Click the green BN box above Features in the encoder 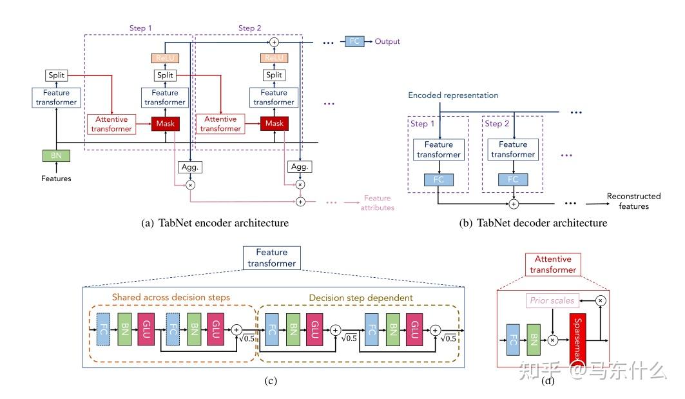tap(57, 155)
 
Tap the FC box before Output tap(354, 41)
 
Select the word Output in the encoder tap(387, 41)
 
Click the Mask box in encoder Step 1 tap(166, 124)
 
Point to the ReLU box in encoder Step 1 tap(165, 59)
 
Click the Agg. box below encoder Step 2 tap(299, 166)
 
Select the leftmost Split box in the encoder tap(57, 76)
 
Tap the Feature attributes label tap(378, 203)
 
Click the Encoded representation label tap(452, 95)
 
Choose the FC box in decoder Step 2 tap(513, 179)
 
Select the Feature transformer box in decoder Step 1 tap(438, 150)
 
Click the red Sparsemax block tap(579, 338)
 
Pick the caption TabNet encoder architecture tap(214, 223)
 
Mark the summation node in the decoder tap(513, 204)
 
